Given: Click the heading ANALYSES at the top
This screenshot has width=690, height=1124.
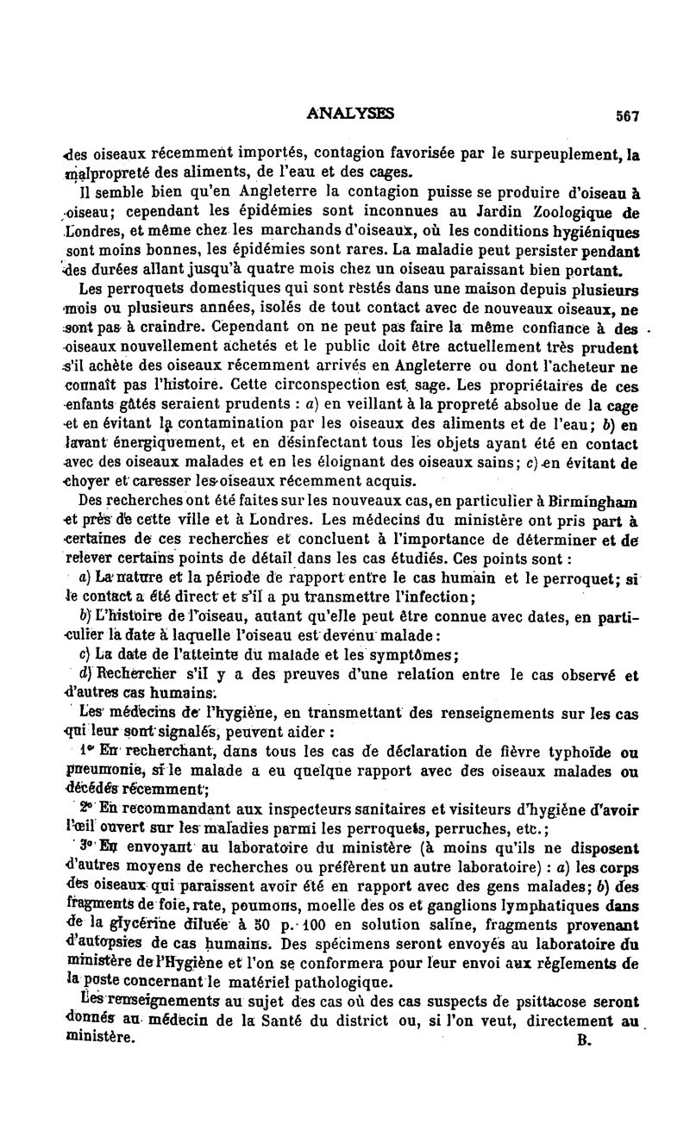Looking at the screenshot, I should point(350,112).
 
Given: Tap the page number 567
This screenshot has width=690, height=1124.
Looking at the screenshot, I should point(626,116).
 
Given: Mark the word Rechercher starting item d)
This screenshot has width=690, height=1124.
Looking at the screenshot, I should point(129,675).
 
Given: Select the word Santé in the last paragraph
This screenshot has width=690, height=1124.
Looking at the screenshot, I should point(267,1021).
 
